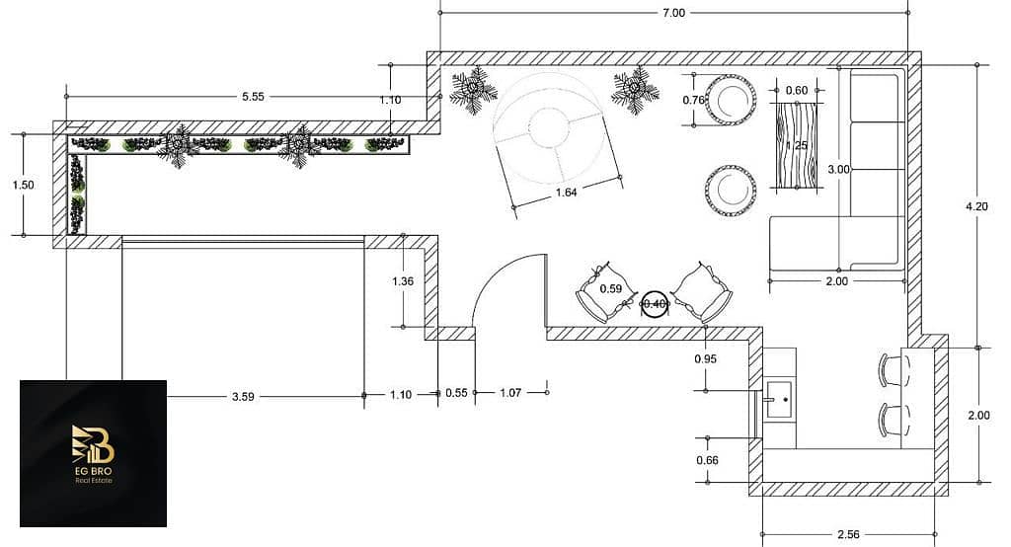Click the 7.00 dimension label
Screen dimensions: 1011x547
673,12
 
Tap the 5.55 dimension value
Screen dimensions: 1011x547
254,97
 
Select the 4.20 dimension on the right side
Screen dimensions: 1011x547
976,206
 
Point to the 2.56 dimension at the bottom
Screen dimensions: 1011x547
848,534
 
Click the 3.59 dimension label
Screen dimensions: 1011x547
243,397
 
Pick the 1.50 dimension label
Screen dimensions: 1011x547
24,185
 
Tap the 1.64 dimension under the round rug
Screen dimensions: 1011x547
566,193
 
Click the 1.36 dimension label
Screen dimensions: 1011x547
403,281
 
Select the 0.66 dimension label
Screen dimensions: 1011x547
707,460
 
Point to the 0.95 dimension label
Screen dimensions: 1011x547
705,358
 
